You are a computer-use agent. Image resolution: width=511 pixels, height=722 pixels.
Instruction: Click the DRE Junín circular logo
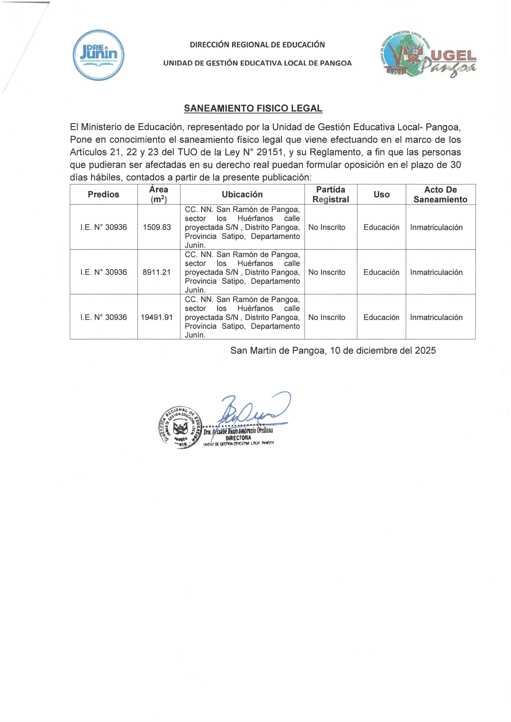click(98, 55)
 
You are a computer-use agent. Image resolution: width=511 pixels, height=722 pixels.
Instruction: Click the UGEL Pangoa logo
click(427, 55)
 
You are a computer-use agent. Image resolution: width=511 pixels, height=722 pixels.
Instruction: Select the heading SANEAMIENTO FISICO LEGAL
click(253, 108)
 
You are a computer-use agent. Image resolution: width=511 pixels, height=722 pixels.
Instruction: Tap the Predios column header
click(103, 194)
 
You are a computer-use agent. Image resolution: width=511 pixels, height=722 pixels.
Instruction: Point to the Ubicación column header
click(242, 194)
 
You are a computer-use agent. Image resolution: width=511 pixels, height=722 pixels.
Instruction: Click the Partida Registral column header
click(331, 194)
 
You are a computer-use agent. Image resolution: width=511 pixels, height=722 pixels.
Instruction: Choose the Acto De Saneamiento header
click(440, 194)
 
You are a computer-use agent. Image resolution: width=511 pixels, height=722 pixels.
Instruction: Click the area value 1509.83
click(157, 227)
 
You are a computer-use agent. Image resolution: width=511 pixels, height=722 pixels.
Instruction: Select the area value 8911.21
click(157, 272)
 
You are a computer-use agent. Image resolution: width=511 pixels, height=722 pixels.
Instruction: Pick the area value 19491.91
click(157, 317)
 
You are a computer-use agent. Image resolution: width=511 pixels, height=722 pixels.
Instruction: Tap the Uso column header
click(382, 194)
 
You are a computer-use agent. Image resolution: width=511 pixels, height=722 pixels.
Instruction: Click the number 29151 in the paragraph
click(270, 152)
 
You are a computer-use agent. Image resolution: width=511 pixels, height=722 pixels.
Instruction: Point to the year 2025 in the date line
click(425, 350)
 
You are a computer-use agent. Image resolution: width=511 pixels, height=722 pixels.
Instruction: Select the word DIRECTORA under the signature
click(238, 438)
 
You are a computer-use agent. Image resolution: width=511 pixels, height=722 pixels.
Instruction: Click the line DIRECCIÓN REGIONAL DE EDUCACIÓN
click(257, 44)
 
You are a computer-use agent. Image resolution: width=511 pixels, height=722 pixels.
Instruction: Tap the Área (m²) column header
click(159, 194)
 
